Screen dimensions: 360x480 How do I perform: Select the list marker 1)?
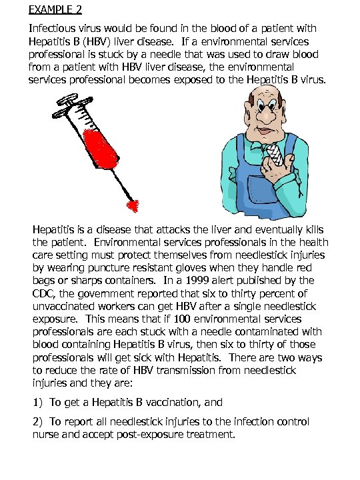pos(38,402)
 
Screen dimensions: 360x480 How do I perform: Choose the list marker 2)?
pos(38,422)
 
